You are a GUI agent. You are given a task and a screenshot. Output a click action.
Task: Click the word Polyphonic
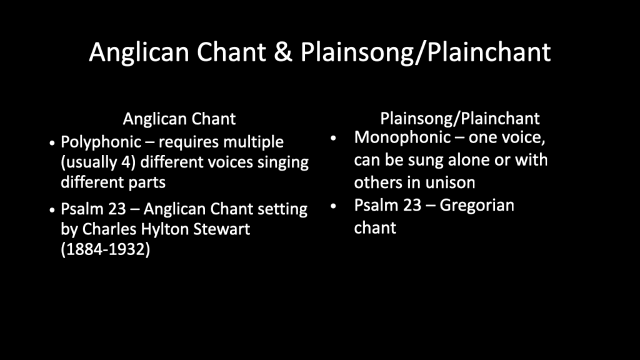101,142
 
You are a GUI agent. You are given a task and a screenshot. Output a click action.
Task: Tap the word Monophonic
402,138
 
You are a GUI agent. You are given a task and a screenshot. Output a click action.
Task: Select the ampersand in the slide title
283,52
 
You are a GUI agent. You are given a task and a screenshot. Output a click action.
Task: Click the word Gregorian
477,205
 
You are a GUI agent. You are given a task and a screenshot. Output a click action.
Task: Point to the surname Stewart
222,229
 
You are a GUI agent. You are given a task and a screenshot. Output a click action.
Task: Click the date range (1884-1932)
105,249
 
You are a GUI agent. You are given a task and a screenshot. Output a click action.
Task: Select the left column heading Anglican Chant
179,119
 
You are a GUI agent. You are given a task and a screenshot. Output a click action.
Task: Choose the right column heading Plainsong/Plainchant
460,119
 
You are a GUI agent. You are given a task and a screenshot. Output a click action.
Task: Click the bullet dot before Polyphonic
52,143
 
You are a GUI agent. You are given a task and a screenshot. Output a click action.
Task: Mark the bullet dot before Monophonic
334,138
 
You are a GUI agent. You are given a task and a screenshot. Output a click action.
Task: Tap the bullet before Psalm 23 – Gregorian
334,206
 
